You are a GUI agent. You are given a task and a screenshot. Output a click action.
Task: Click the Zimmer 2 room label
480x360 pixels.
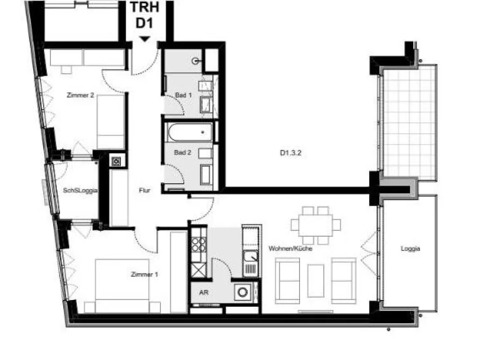[x=80, y=95]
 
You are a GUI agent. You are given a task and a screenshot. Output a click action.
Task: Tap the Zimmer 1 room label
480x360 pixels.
[x=144, y=274]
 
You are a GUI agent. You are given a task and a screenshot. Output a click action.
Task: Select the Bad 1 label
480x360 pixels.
[x=183, y=95]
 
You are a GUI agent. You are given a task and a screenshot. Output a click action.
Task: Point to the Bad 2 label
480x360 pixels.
[x=182, y=152]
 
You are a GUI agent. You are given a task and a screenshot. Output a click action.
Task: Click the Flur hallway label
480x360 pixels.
[x=144, y=191]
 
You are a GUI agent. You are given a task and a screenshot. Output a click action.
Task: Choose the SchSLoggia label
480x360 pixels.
[x=80, y=191]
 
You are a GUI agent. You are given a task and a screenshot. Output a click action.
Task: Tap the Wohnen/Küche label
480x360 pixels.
[x=290, y=249]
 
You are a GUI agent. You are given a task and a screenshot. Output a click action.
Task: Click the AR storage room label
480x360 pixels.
[x=204, y=292]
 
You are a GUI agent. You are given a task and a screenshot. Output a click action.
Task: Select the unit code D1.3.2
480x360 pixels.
[x=290, y=153]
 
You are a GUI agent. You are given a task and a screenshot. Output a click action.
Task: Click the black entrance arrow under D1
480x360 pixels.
[x=144, y=39]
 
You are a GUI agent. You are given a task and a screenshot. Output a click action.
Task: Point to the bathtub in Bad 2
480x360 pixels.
[x=190, y=132]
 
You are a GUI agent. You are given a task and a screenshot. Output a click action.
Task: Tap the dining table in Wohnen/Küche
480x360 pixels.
[x=316, y=225]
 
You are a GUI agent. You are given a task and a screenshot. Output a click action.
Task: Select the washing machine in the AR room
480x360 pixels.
[x=243, y=292]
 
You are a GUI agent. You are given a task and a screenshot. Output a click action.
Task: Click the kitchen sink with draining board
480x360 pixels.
[x=251, y=263]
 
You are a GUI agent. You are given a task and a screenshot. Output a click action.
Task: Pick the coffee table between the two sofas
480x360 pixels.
[x=316, y=281]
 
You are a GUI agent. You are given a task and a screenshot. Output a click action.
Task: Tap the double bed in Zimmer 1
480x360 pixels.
[x=122, y=286]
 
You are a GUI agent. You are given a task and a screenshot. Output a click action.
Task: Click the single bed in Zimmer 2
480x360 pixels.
[x=110, y=122]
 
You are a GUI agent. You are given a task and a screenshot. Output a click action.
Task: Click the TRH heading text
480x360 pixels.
[x=144, y=7]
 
